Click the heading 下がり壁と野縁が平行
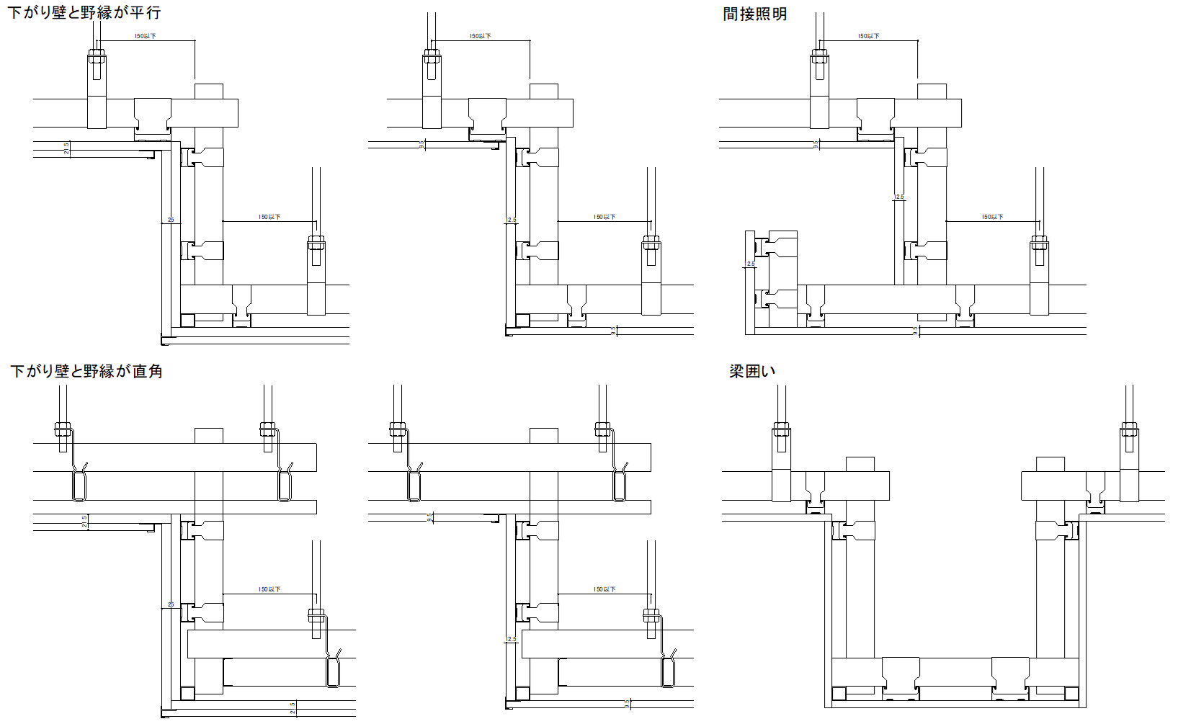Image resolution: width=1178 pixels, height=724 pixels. point(84,12)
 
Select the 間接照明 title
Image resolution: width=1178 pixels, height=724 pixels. point(754,14)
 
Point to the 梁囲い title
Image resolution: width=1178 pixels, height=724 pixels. point(751,371)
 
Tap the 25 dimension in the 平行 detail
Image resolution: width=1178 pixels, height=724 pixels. point(171,220)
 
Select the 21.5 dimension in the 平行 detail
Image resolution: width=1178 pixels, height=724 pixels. point(66,148)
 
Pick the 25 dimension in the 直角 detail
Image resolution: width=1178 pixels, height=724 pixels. point(171,604)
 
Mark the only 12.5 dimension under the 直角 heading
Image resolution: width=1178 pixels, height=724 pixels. point(512,639)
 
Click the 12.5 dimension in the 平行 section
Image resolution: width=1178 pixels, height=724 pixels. point(512,220)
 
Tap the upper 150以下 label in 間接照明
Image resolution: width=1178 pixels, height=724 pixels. point(869,36)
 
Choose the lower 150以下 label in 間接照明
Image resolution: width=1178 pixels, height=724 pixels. point(993,217)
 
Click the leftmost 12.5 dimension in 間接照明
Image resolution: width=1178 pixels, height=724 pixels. point(750,264)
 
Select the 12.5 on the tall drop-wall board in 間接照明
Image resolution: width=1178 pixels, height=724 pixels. point(899,197)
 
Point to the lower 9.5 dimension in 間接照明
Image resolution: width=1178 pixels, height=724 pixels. point(916,331)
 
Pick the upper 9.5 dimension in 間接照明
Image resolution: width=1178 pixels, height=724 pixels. point(816,145)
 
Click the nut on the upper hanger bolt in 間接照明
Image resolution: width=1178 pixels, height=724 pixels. point(819,55)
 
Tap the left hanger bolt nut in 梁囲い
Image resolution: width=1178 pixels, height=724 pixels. point(781,433)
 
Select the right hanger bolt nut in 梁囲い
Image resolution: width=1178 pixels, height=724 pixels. point(1129,433)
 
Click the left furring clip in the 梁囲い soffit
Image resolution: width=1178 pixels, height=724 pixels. point(901,679)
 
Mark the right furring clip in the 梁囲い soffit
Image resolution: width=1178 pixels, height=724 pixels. point(1010,679)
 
